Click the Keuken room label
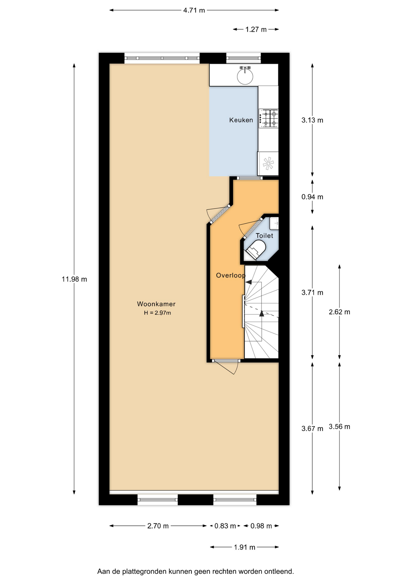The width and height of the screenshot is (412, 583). click(x=241, y=120)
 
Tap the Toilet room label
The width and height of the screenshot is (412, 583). click(x=264, y=236)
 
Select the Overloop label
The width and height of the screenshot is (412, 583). click(x=231, y=275)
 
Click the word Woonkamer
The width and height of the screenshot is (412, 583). click(x=156, y=304)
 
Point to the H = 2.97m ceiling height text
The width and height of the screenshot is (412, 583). click(x=157, y=313)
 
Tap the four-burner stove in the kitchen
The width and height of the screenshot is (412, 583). click(x=268, y=118)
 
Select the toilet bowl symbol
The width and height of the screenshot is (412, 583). click(x=256, y=249)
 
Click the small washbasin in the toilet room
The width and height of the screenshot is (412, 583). click(x=274, y=223)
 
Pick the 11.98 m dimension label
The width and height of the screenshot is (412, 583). click(x=74, y=279)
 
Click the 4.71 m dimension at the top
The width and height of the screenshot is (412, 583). click(x=194, y=10)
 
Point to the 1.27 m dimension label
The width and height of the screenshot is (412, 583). click(x=256, y=29)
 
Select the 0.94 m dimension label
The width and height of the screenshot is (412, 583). click(x=312, y=197)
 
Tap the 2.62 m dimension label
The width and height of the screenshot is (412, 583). click(x=339, y=312)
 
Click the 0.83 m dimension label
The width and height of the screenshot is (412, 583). click(x=225, y=526)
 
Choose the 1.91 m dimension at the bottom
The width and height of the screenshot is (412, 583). click(x=245, y=547)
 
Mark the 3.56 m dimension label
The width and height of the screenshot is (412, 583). click(x=339, y=427)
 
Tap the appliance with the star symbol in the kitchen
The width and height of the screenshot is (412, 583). click(x=268, y=164)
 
